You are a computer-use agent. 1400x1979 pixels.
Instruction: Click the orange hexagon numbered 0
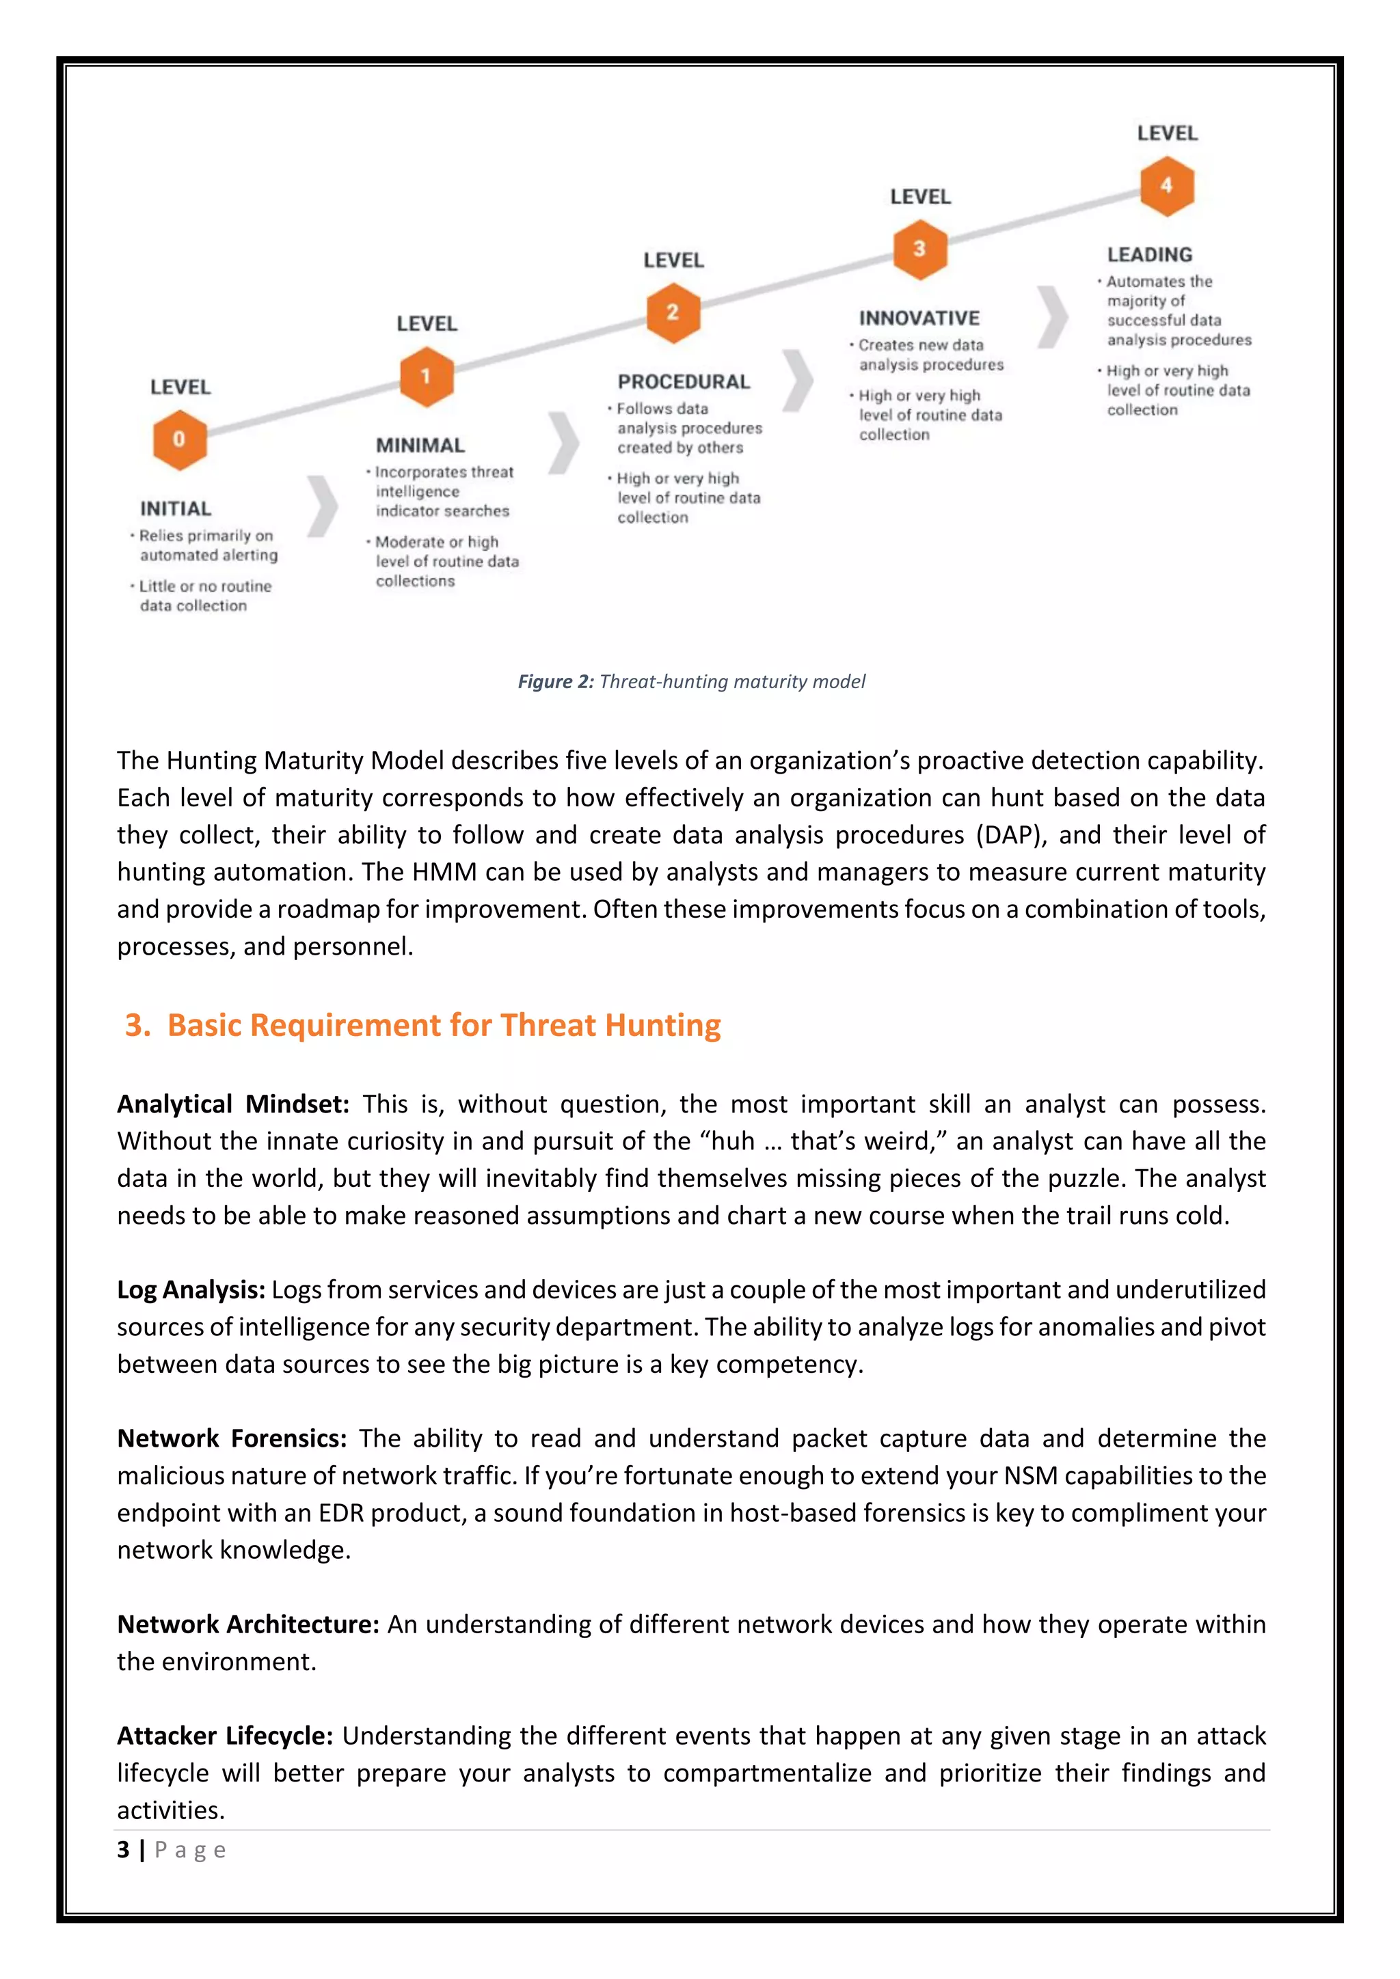pos(179,439)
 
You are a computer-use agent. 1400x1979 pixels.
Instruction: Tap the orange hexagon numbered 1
pos(426,377)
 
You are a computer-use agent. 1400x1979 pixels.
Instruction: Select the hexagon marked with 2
pos(673,313)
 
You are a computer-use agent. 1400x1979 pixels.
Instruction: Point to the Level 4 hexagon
pos(1166,185)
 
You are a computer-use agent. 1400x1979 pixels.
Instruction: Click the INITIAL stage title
pos(176,508)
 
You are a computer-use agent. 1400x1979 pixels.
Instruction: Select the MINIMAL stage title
pos(420,446)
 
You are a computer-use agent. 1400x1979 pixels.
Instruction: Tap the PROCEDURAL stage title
pos(684,382)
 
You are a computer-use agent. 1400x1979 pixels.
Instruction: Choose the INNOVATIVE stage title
pos(919,318)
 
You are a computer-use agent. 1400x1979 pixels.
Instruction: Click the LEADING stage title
pos(1150,255)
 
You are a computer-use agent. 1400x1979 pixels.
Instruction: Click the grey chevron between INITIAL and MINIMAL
pos(323,506)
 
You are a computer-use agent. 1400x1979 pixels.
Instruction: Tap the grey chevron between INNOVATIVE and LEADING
pos(1053,316)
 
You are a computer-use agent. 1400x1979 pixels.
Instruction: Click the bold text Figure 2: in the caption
pos(555,682)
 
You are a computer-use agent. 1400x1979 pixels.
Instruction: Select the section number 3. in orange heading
pos(138,1025)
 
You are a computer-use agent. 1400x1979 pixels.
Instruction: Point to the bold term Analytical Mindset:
pos(232,1104)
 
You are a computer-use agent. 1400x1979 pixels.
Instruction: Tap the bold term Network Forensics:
pos(231,1438)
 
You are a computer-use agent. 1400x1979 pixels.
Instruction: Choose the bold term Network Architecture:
pos(247,1625)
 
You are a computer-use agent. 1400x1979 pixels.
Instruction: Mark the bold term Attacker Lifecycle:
pos(224,1736)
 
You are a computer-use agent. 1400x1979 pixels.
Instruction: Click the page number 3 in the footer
pos(123,1850)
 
